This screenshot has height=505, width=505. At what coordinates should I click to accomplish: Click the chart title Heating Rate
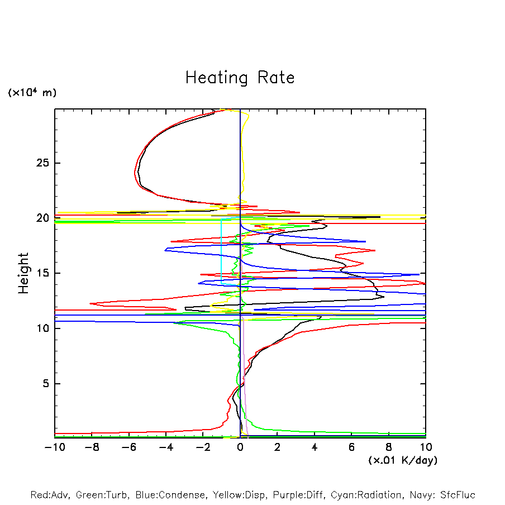point(240,78)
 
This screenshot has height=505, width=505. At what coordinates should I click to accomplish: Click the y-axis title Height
point(23,273)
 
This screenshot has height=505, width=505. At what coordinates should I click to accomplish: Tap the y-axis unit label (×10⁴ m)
point(32,93)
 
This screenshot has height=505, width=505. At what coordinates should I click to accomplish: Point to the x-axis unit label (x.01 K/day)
point(403,460)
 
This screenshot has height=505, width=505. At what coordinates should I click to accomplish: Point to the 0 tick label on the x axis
point(240,447)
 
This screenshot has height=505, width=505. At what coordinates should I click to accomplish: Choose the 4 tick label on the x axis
point(315,447)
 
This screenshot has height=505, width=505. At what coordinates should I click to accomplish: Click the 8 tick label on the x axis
point(389,447)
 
